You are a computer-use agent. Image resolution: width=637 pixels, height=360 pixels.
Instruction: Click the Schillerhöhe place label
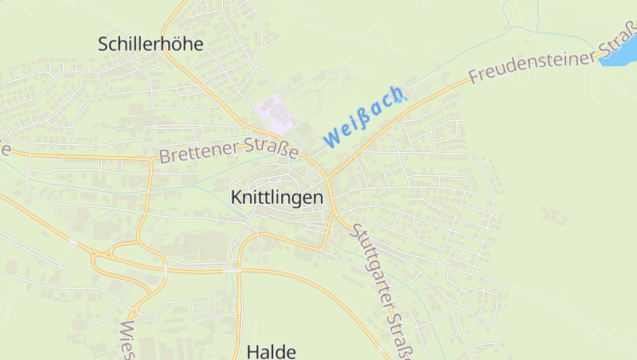(x=150, y=45)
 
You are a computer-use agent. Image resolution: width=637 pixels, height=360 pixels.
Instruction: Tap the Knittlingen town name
(x=276, y=197)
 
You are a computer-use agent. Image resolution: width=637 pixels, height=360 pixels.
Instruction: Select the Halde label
(x=272, y=351)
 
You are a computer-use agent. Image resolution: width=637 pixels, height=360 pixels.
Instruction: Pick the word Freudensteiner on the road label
(x=531, y=65)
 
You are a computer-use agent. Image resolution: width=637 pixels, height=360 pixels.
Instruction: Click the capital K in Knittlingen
(x=236, y=197)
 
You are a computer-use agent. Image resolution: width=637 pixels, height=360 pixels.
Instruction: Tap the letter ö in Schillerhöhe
(x=178, y=45)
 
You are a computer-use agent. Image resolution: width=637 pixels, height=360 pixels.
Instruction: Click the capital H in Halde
(x=252, y=351)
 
